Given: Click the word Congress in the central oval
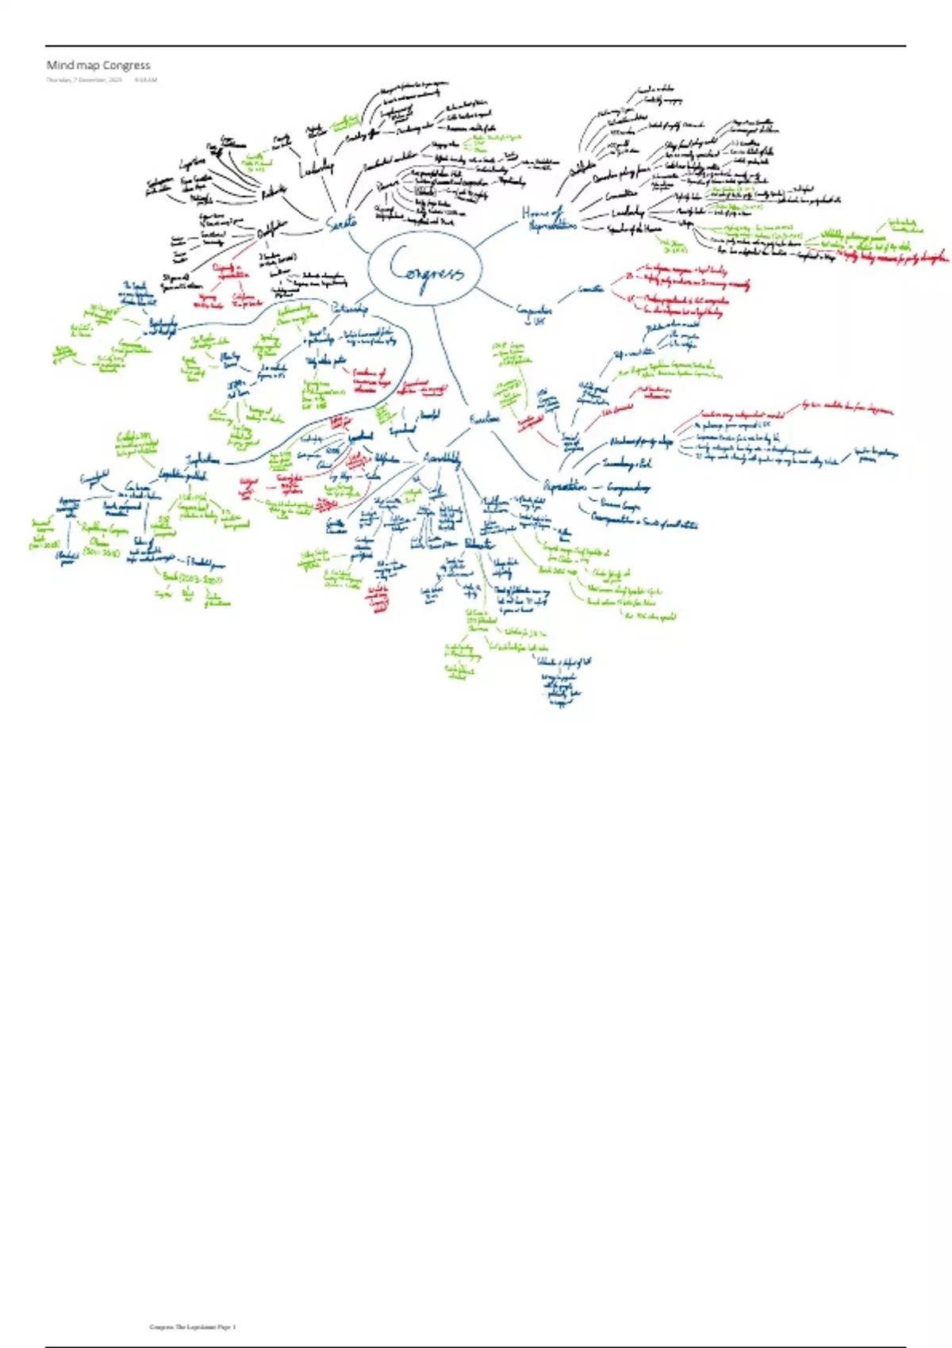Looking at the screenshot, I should (426, 272).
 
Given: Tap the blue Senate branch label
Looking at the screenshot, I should (342, 224).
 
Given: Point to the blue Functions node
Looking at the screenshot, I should (484, 418).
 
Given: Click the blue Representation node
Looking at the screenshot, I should (564, 485).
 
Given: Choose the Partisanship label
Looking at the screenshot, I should (349, 308).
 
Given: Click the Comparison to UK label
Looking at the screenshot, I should (532, 314).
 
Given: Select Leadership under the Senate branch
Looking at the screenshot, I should (317, 167).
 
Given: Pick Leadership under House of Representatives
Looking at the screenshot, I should (628, 212).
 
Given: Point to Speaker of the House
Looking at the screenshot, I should (634, 228).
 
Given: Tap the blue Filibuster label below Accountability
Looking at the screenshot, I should (478, 544).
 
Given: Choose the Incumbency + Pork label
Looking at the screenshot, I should (627, 463).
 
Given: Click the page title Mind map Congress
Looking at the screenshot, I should (98, 65).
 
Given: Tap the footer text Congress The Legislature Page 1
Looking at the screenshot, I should (193, 1327).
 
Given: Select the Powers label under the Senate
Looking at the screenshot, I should (386, 184).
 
